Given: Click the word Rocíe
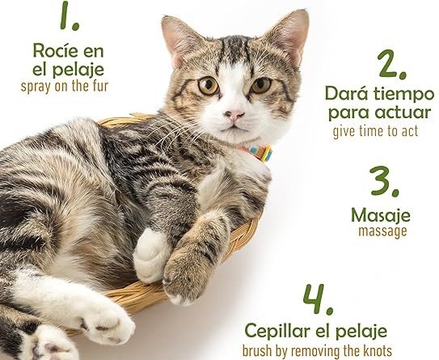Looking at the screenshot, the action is coord(52,50).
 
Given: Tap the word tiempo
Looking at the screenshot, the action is coord(404,95).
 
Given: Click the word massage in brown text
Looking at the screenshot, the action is coord(382,232).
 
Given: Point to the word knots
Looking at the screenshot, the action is coord(378,351).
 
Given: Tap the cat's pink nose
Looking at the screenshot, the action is coord(234,115).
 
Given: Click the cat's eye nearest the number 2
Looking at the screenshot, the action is coord(261,85).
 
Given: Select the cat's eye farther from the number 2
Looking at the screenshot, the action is coord(209,86).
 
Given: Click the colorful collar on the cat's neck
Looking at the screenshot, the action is coord(259,152).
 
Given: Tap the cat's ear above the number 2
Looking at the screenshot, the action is coord(289,35).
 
